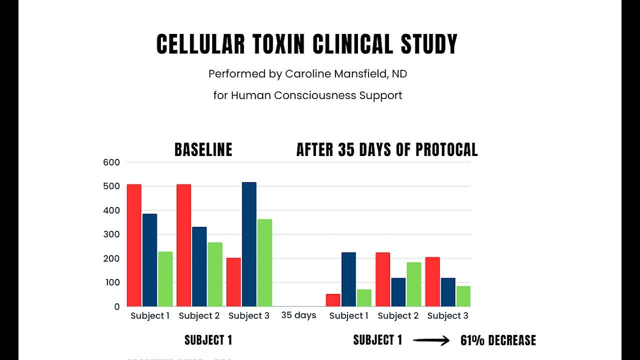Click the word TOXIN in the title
coord(275,44)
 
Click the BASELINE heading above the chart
coord(203,149)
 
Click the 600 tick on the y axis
coord(112,162)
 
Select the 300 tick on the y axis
coord(112,234)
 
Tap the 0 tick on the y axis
coord(117,306)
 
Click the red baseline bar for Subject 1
coord(134,245)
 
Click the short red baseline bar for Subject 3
coord(233,282)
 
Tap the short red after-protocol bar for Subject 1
coord(333,300)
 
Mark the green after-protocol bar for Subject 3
coord(463,296)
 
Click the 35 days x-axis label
coord(298,315)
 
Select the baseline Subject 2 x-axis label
coord(199,315)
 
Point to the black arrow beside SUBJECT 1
coord(431,341)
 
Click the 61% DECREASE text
coord(498,341)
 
